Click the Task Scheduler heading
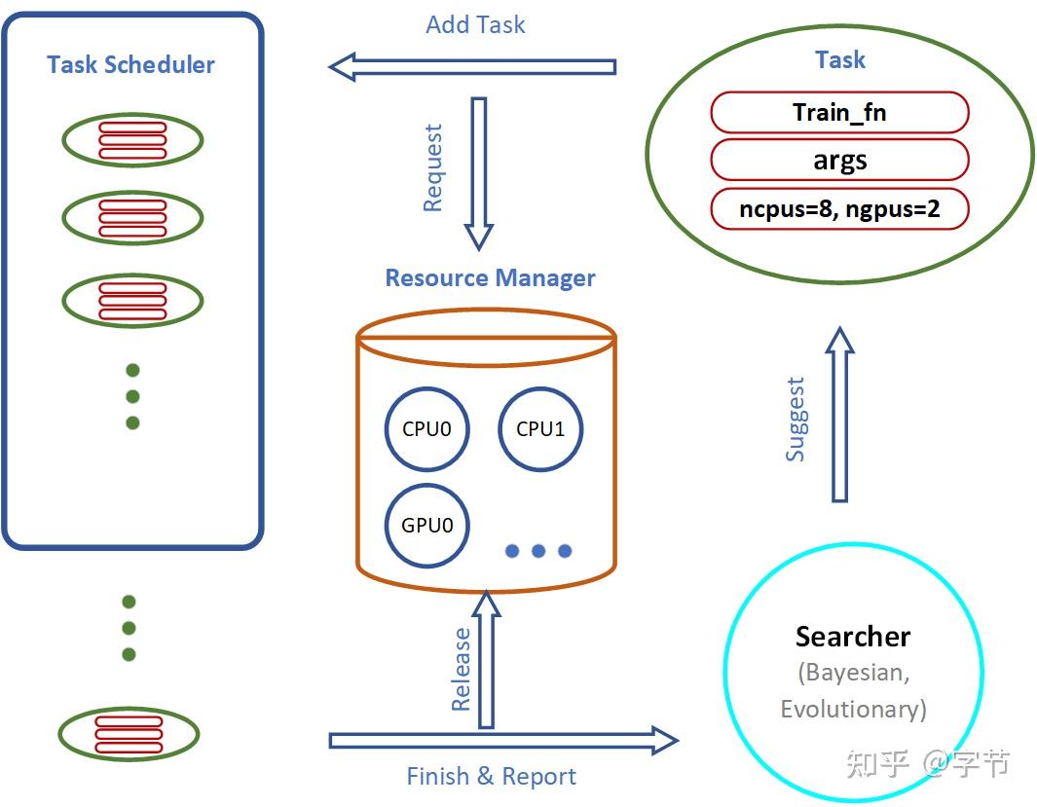[130, 65]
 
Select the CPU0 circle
[426, 429]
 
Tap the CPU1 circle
[539, 429]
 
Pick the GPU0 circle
[426, 526]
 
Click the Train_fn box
[839, 112]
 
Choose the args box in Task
[839, 161]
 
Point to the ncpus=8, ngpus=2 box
[839, 209]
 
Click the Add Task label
[475, 25]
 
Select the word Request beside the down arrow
[433, 167]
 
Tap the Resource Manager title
[490, 278]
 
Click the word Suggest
[796, 419]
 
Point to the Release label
[462, 669]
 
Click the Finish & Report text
[491, 777]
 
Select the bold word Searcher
[853, 637]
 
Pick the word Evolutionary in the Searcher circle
[853, 709]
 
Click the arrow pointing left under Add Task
[473, 67]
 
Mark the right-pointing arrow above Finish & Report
[502, 741]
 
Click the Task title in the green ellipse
[839, 60]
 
